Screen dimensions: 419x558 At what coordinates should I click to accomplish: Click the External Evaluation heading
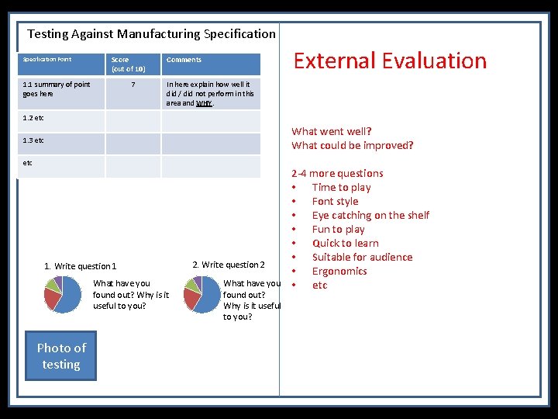tap(389, 61)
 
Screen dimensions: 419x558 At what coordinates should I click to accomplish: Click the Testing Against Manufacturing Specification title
tap(151, 33)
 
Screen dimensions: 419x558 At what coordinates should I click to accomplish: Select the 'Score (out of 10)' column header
tap(128, 64)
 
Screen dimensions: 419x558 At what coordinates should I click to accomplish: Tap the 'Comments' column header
tap(184, 60)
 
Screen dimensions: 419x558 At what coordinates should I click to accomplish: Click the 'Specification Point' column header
tap(47, 60)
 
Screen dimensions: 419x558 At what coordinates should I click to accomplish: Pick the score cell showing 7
tap(133, 85)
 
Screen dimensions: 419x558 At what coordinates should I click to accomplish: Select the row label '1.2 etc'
tap(33, 118)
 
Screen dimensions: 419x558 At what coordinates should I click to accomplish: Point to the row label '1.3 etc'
tap(33, 140)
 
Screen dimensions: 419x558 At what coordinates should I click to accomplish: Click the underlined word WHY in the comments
tap(205, 103)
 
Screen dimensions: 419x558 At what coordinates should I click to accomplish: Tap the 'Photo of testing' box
tap(61, 356)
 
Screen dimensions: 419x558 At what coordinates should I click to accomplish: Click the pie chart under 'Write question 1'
tap(63, 294)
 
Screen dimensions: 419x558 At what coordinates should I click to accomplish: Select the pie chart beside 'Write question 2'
tap(201, 294)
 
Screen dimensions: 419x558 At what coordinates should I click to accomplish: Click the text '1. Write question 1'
tap(81, 266)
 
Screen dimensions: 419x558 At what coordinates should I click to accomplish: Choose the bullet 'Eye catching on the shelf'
tap(370, 215)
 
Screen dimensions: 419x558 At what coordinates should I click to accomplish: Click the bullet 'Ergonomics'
tap(339, 271)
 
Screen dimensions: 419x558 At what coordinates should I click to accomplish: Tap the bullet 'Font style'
tap(335, 201)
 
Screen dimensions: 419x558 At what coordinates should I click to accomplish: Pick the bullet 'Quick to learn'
tap(345, 243)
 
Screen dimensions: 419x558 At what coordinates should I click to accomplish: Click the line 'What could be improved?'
tap(353, 145)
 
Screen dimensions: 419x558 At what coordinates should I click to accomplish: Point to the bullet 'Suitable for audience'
tap(362, 257)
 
